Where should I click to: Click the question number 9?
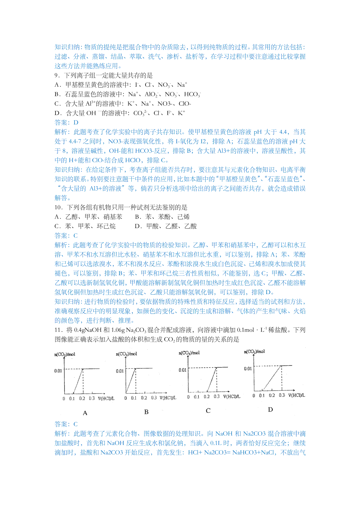click(x=56, y=76)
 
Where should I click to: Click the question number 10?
click(x=58, y=207)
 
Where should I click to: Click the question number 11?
click(x=58, y=330)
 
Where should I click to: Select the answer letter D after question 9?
click(x=76, y=123)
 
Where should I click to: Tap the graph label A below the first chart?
click(x=85, y=413)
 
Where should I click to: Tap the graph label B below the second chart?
click(x=146, y=412)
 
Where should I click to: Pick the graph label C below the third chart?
click(x=208, y=411)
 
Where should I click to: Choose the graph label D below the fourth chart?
click(x=270, y=409)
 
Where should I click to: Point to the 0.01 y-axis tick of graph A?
click(x=58, y=371)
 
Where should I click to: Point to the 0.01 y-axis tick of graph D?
click(x=248, y=369)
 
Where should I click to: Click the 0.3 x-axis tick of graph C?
click(x=217, y=397)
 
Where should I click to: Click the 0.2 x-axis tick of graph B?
click(x=144, y=398)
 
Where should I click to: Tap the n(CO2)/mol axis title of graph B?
click(x=126, y=354)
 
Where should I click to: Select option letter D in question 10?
click(x=138, y=226)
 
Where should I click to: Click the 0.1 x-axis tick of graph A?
click(x=72, y=398)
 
